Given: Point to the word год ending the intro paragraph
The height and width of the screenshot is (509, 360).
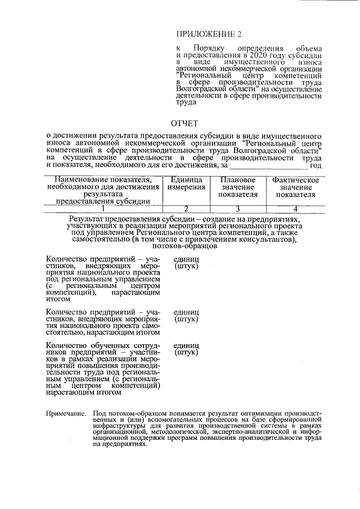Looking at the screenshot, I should coord(315,165).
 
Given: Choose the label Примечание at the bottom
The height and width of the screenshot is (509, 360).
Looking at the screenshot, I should coord(65,413).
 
